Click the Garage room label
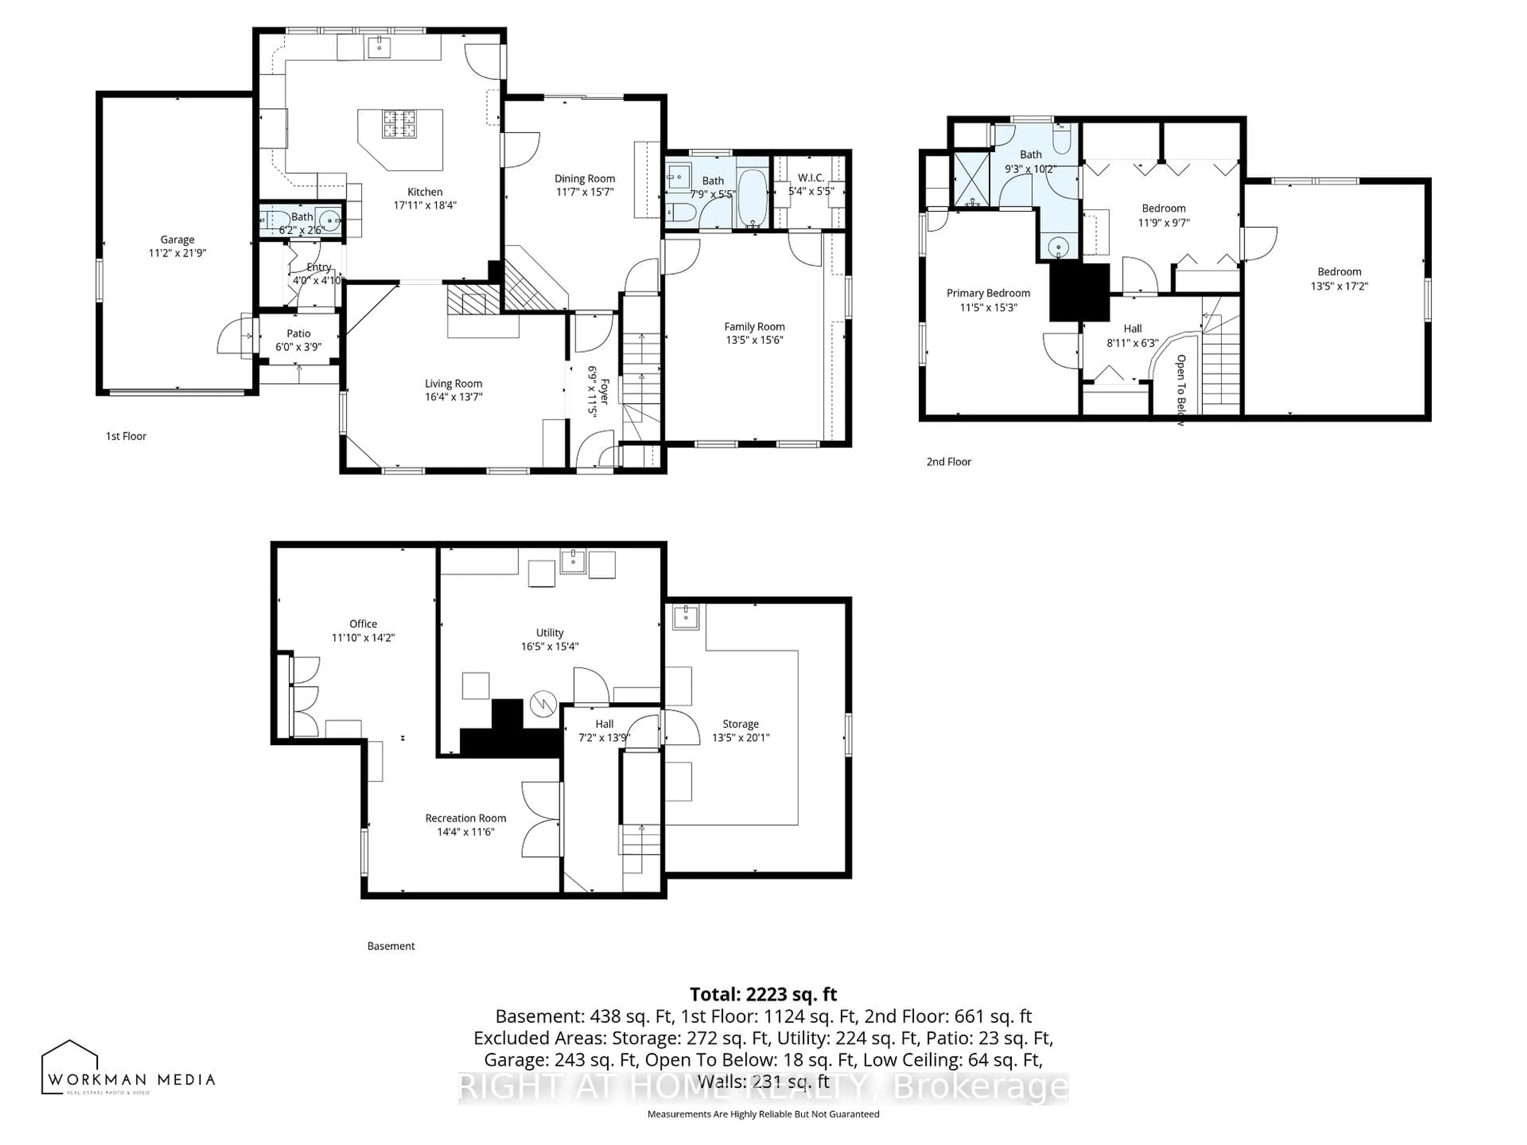pos(177,239)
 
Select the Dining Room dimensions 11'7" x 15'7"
pos(584,192)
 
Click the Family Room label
pos(754,326)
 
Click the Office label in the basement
pos(363,623)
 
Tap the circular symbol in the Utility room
pos(543,704)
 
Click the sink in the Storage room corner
pos(686,616)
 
